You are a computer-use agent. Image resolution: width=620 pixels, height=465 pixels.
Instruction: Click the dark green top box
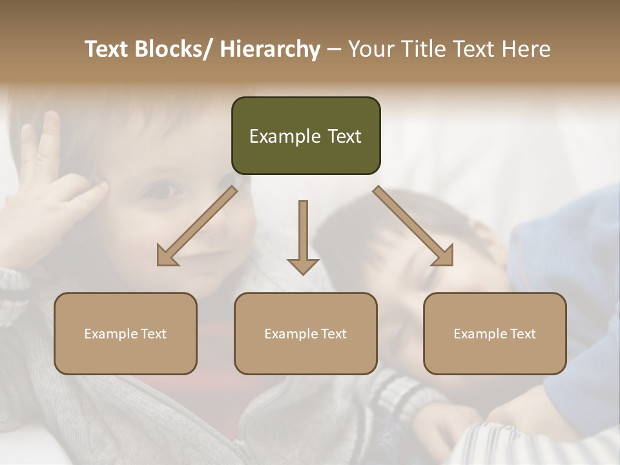click(305, 136)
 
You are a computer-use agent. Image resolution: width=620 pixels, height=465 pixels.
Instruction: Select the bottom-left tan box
click(125, 333)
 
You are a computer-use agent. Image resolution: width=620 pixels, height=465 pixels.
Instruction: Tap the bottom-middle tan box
click(305, 333)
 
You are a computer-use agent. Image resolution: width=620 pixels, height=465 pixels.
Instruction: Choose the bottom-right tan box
click(495, 333)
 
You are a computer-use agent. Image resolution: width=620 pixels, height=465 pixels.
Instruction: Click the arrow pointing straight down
click(303, 236)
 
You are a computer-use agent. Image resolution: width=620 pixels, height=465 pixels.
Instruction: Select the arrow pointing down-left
click(197, 226)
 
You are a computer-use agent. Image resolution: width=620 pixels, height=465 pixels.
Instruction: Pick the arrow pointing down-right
click(413, 226)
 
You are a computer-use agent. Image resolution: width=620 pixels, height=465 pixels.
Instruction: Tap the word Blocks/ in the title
click(172, 49)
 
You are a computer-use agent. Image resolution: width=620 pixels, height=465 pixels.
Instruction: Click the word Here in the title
click(526, 49)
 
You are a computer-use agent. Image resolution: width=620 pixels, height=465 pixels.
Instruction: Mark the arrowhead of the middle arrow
click(303, 265)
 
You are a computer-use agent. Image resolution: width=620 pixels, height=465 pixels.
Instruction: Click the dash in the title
click(334, 49)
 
